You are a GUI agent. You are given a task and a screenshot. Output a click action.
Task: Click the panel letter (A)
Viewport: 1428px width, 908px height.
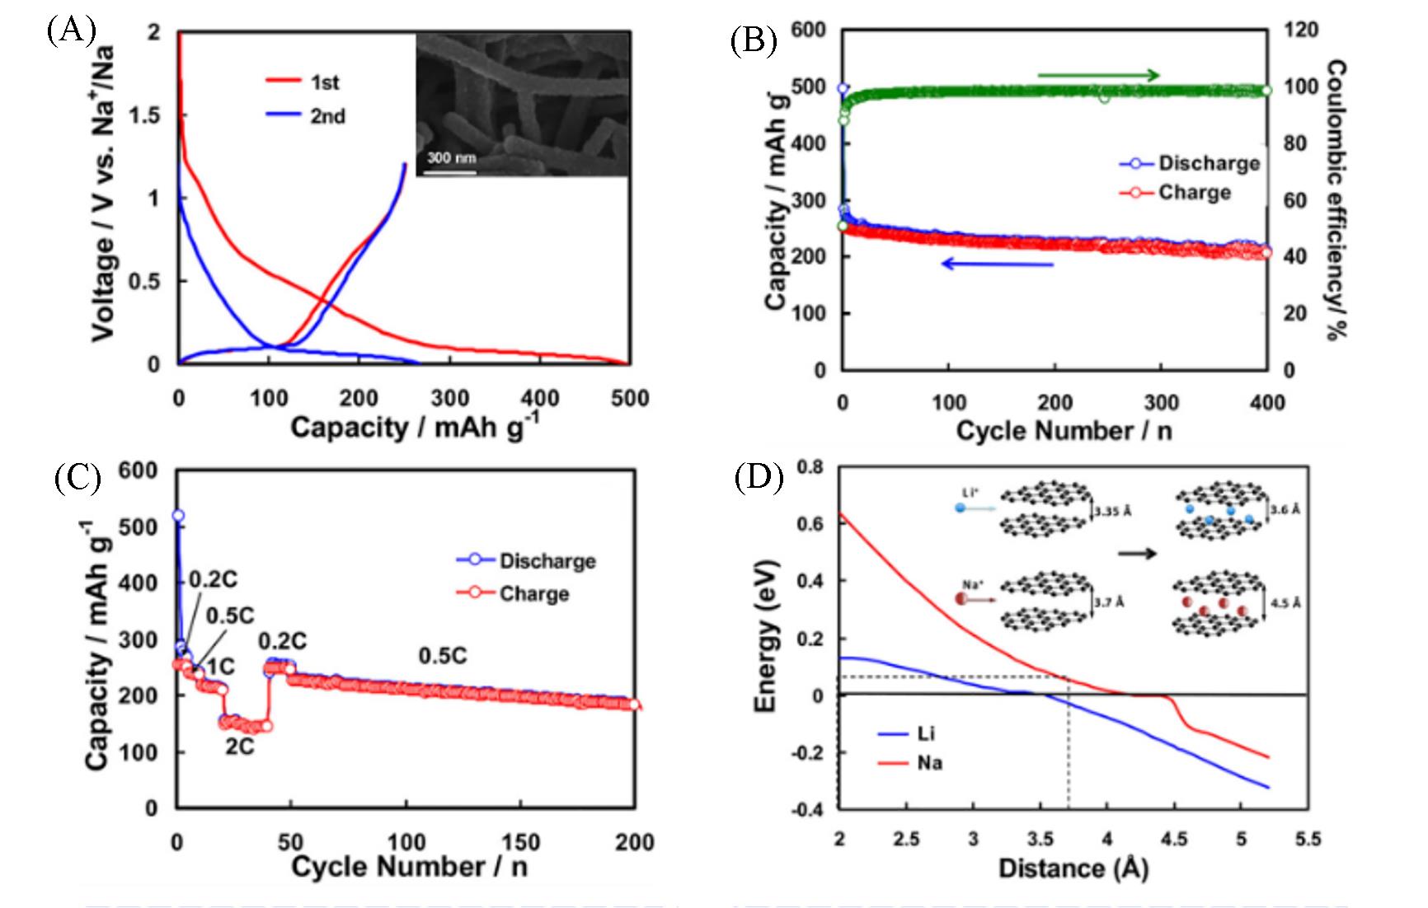pyautogui.click(x=71, y=30)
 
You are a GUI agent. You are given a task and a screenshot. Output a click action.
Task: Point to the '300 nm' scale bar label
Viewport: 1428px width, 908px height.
pyautogui.click(x=451, y=157)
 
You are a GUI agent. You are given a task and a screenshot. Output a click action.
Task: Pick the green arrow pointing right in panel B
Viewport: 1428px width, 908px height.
pyautogui.click(x=1098, y=76)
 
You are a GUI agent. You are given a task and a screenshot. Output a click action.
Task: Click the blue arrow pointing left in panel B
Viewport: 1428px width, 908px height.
pyautogui.click(x=998, y=264)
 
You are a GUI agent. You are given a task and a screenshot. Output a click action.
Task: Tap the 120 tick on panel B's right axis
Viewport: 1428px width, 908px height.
pyautogui.click(x=1301, y=30)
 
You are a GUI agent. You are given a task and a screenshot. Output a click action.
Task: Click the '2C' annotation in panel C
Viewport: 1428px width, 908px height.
pyautogui.click(x=240, y=747)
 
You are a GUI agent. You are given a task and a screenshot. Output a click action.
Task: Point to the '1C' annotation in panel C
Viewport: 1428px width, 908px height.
pyautogui.click(x=220, y=666)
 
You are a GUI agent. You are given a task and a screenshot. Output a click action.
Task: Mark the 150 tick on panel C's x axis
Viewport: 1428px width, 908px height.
pyautogui.click(x=520, y=842)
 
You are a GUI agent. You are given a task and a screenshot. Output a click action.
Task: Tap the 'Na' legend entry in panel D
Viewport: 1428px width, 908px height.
pyautogui.click(x=929, y=763)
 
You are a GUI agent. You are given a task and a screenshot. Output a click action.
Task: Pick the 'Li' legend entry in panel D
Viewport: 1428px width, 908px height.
pyautogui.click(x=926, y=733)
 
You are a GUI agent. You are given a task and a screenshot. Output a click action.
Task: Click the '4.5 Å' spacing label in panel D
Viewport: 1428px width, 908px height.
pyautogui.click(x=1285, y=603)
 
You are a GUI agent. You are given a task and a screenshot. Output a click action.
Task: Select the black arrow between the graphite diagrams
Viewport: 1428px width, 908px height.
pyautogui.click(x=1136, y=554)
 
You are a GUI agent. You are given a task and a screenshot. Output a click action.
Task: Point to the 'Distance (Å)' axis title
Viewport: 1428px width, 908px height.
pyautogui.click(x=1073, y=868)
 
